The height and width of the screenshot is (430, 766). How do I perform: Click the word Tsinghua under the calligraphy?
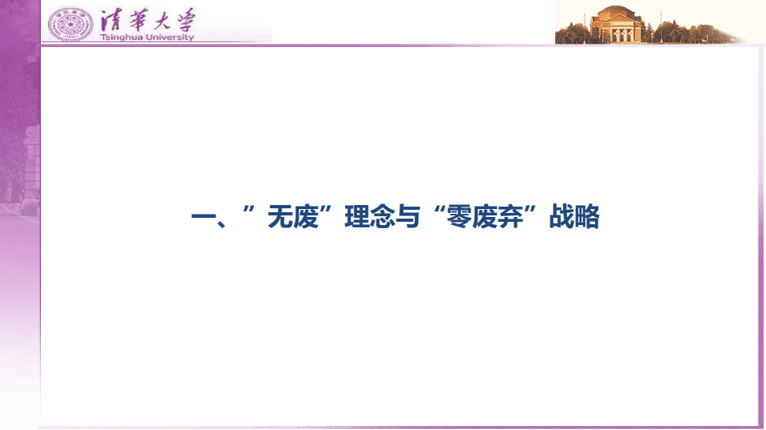coord(121,37)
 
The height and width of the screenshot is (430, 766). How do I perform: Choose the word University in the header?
coord(169,37)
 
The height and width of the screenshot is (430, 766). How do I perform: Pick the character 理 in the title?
coord(357,217)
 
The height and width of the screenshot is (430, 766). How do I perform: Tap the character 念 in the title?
coord(383,217)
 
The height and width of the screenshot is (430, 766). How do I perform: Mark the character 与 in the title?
coord(408,217)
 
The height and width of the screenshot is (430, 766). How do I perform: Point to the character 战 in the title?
coord(562,217)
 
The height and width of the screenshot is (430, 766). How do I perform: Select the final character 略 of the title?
coord(587,217)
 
